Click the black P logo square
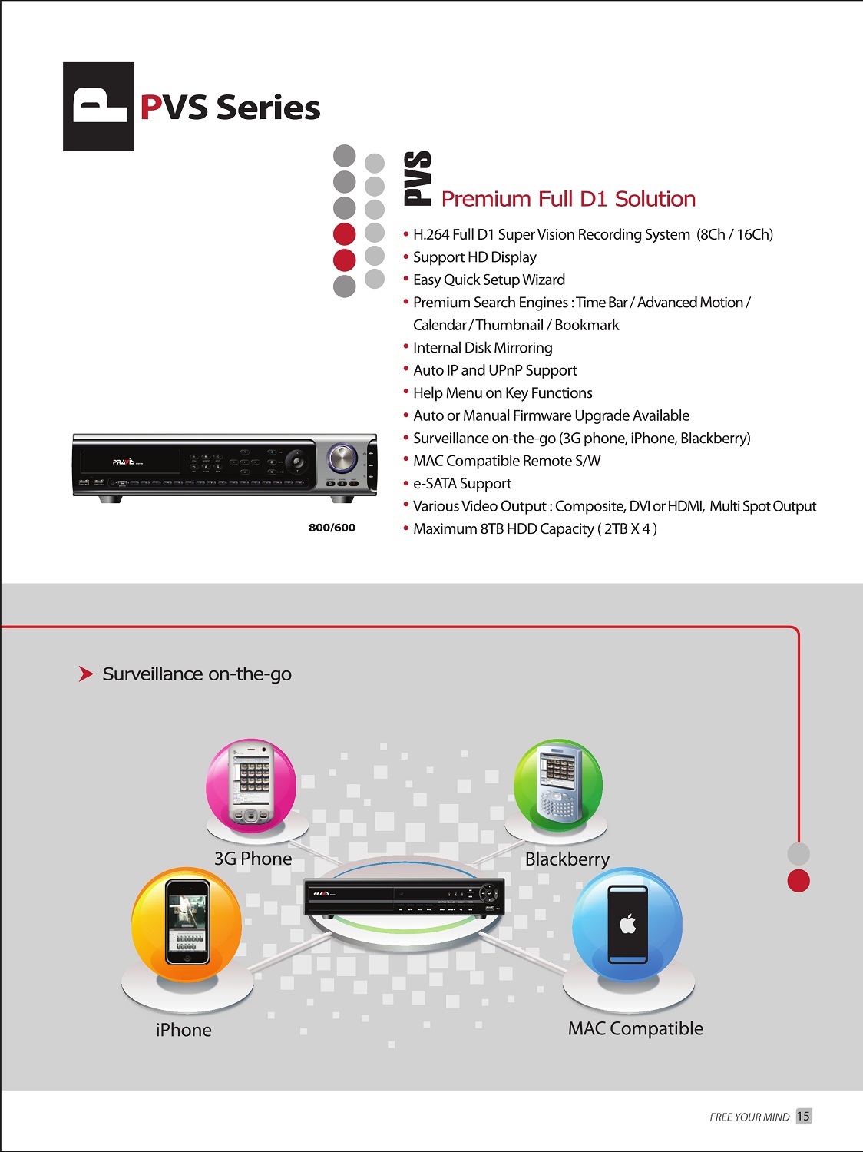[98, 107]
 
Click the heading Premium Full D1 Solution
[568, 199]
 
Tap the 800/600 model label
[332, 528]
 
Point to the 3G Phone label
[253, 859]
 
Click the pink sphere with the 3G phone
[251, 785]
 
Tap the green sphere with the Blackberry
[558, 785]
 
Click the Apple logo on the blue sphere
[628, 924]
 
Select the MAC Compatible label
[635, 1028]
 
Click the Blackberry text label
[567, 859]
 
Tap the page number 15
[804, 1116]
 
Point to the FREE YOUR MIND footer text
[749, 1117]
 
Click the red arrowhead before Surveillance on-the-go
[86, 674]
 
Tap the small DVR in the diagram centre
[404, 898]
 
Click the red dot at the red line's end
[799, 881]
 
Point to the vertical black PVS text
[418, 178]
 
